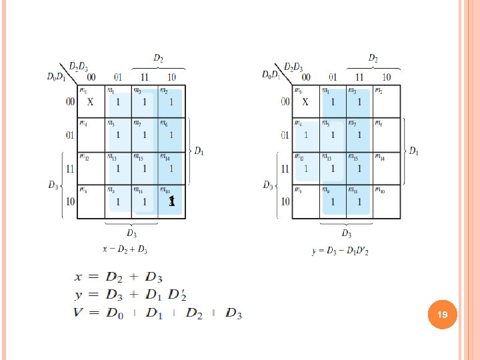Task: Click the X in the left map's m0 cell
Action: (x=91, y=102)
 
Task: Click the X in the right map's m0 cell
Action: (x=305, y=102)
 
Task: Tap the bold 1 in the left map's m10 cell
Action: (x=171, y=201)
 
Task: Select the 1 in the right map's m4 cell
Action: (x=306, y=135)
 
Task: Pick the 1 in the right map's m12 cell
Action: (x=306, y=168)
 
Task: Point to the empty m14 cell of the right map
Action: (x=387, y=168)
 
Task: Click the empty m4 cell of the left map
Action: (x=91, y=135)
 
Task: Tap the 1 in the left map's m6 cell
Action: (x=171, y=135)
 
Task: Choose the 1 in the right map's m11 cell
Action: (x=359, y=201)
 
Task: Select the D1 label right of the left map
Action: (x=198, y=151)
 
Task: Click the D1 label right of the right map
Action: (x=414, y=151)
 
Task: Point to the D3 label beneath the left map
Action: (x=131, y=233)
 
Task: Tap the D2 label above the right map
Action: (x=373, y=59)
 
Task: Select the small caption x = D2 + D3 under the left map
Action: (x=125, y=250)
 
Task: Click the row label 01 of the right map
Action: (x=285, y=135)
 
